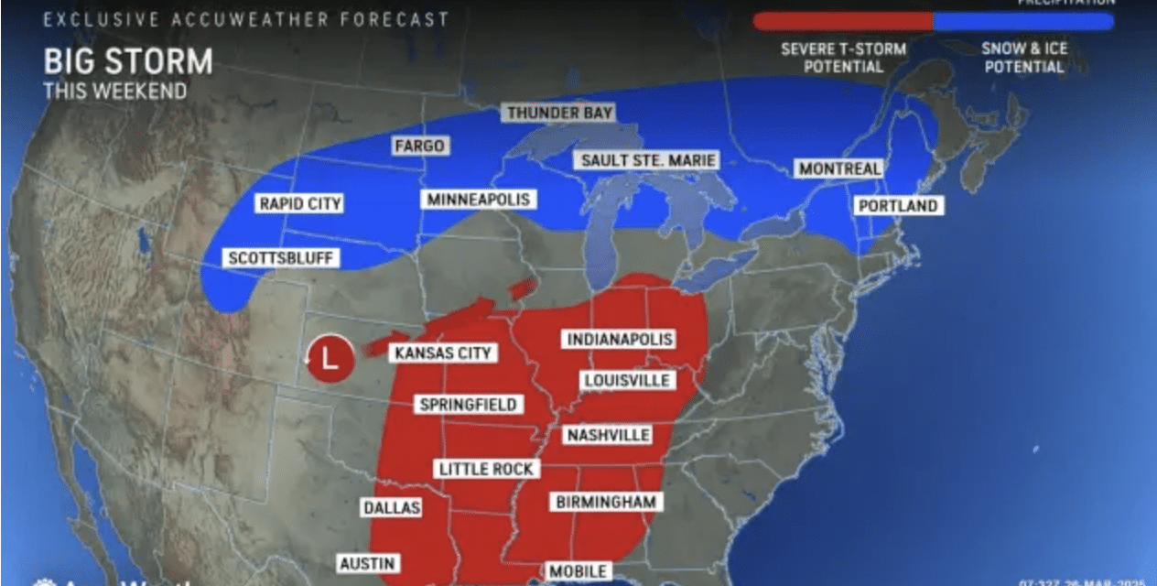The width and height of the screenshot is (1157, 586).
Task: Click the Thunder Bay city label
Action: pyautogui.click(x=559, y=114)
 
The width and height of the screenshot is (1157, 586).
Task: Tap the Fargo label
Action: pyautogui.click(x=419, y=146)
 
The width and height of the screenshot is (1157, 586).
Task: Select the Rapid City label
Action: pyautogui.click(x=299, y=203)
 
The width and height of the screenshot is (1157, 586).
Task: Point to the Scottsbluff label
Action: pyautogui.click(x=281, y=258)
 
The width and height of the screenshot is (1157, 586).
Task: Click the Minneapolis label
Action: pyautogui.click(x=478, y=199)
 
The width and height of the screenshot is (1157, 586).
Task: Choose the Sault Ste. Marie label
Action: pyautogui.click(x=646, y=160)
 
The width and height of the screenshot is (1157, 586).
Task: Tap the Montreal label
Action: pyautogui.click(x=839, y=168)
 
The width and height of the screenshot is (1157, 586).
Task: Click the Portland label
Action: pyautogui.click(x=897, y=205)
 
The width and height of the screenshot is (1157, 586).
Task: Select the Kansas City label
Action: pyautogui.click(x=442, y=353)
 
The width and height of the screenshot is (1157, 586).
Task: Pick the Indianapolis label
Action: pyautogui.click(x=620, y=339)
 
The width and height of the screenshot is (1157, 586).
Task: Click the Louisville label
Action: pyautogui.click(x=626, y=380)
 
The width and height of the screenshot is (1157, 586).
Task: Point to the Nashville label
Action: pyautogui.click(x=608, y=434)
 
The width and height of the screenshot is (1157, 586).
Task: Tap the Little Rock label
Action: pyautogui.click(x=486, y=468)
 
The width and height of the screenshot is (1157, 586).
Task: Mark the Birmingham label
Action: pyautogui.click(x=606, y=501)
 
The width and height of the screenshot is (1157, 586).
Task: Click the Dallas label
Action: pyautogui.click(x=391, y=507)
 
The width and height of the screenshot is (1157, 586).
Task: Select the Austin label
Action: pyautogui.click(x=366, y=563)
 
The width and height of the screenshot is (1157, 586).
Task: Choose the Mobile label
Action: pyautogui.click(x=577, y=571)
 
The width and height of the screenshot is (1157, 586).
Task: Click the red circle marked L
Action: pyautogui.click(x=330, y=358)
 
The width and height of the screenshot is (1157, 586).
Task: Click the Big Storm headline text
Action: pyautogui.click(x=127, y=62)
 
